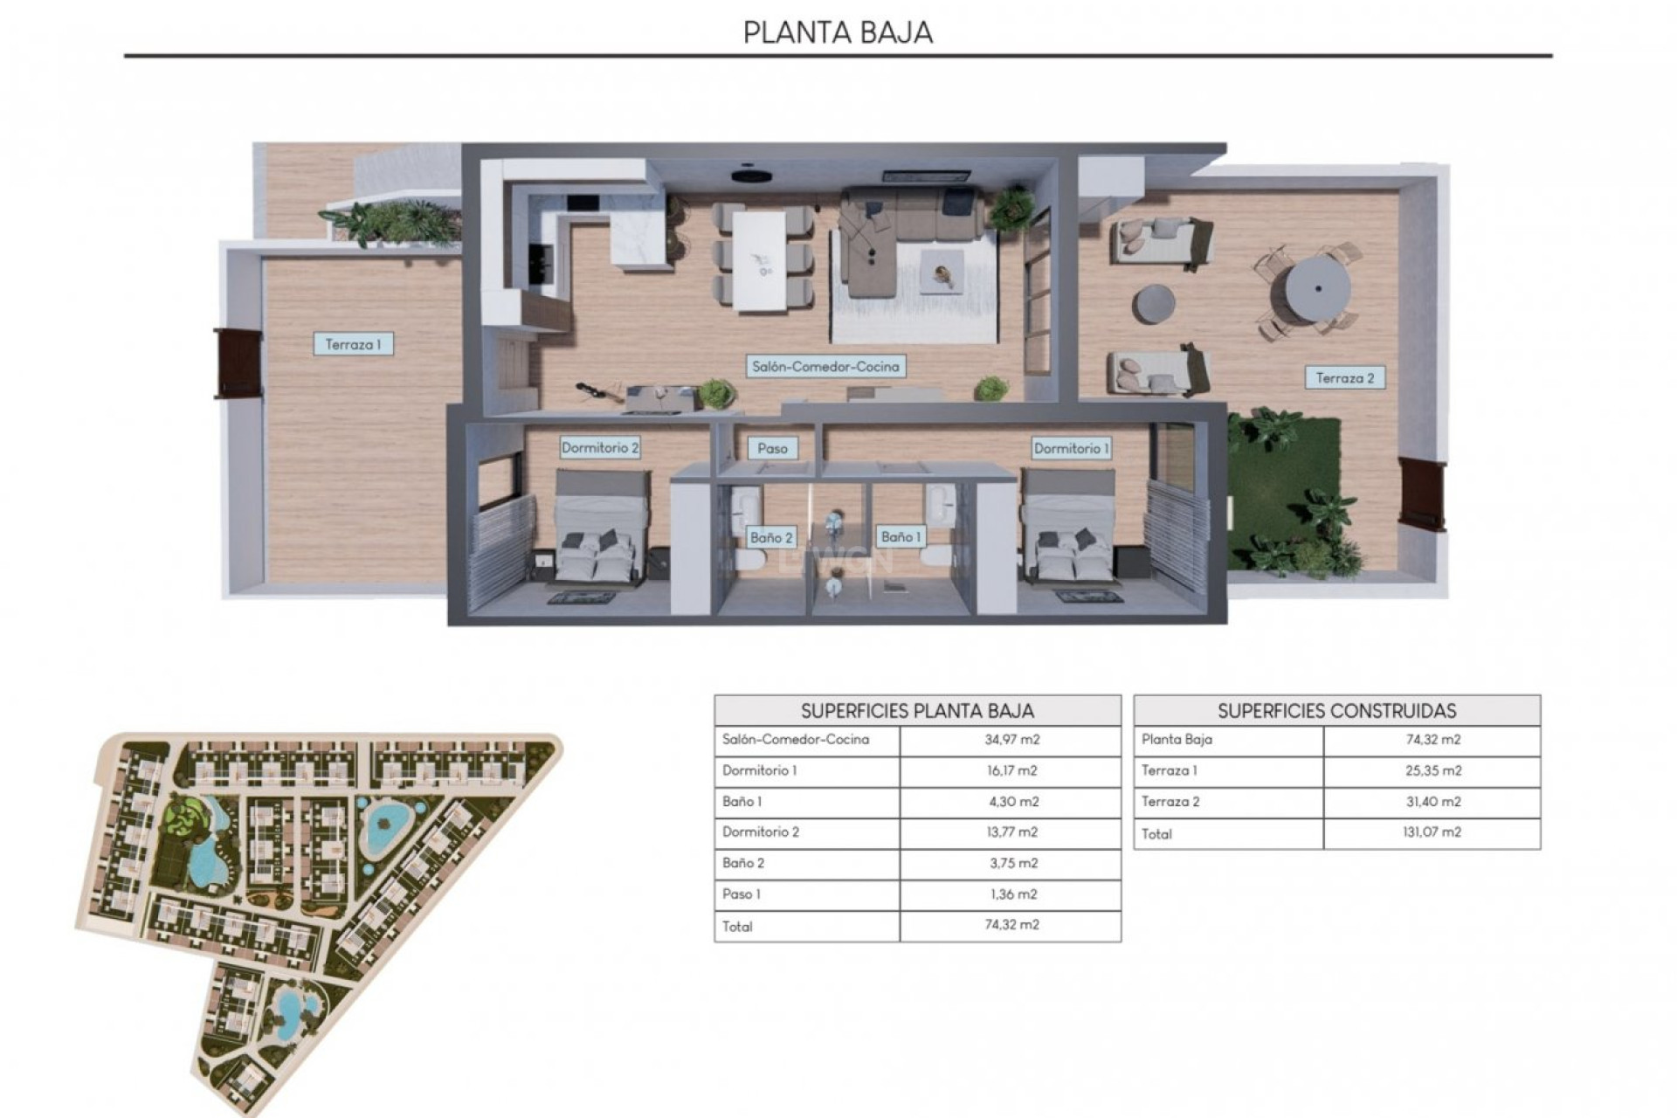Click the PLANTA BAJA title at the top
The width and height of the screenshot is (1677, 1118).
(838, 32)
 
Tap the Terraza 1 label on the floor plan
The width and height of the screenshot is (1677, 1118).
(353, 344)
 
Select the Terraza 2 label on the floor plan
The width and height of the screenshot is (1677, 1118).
(1345, 378)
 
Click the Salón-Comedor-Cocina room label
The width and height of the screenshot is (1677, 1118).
(825, 367)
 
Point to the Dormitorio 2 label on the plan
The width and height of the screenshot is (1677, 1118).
(600, 448)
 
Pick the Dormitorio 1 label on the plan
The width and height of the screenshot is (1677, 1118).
(1072, 448)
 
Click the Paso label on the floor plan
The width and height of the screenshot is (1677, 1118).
(772, 448)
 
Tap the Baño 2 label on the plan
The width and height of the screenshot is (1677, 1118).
(771, 537)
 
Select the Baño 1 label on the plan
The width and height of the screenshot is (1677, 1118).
(901, 536)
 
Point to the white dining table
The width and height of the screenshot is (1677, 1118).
(760, 260)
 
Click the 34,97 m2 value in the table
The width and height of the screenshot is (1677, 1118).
(1011, 740)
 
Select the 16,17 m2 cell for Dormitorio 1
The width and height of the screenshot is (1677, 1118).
(1011, 770)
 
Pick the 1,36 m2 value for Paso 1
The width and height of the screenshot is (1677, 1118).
(1011, 894)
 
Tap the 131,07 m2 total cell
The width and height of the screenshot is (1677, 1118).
(1432, 832)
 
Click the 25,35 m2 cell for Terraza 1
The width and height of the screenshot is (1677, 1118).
(1432, 770)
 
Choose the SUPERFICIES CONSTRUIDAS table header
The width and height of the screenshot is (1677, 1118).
(1336, 710)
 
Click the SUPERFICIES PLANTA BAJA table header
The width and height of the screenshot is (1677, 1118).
(917, 710)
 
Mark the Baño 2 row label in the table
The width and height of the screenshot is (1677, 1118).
(743, 863)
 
